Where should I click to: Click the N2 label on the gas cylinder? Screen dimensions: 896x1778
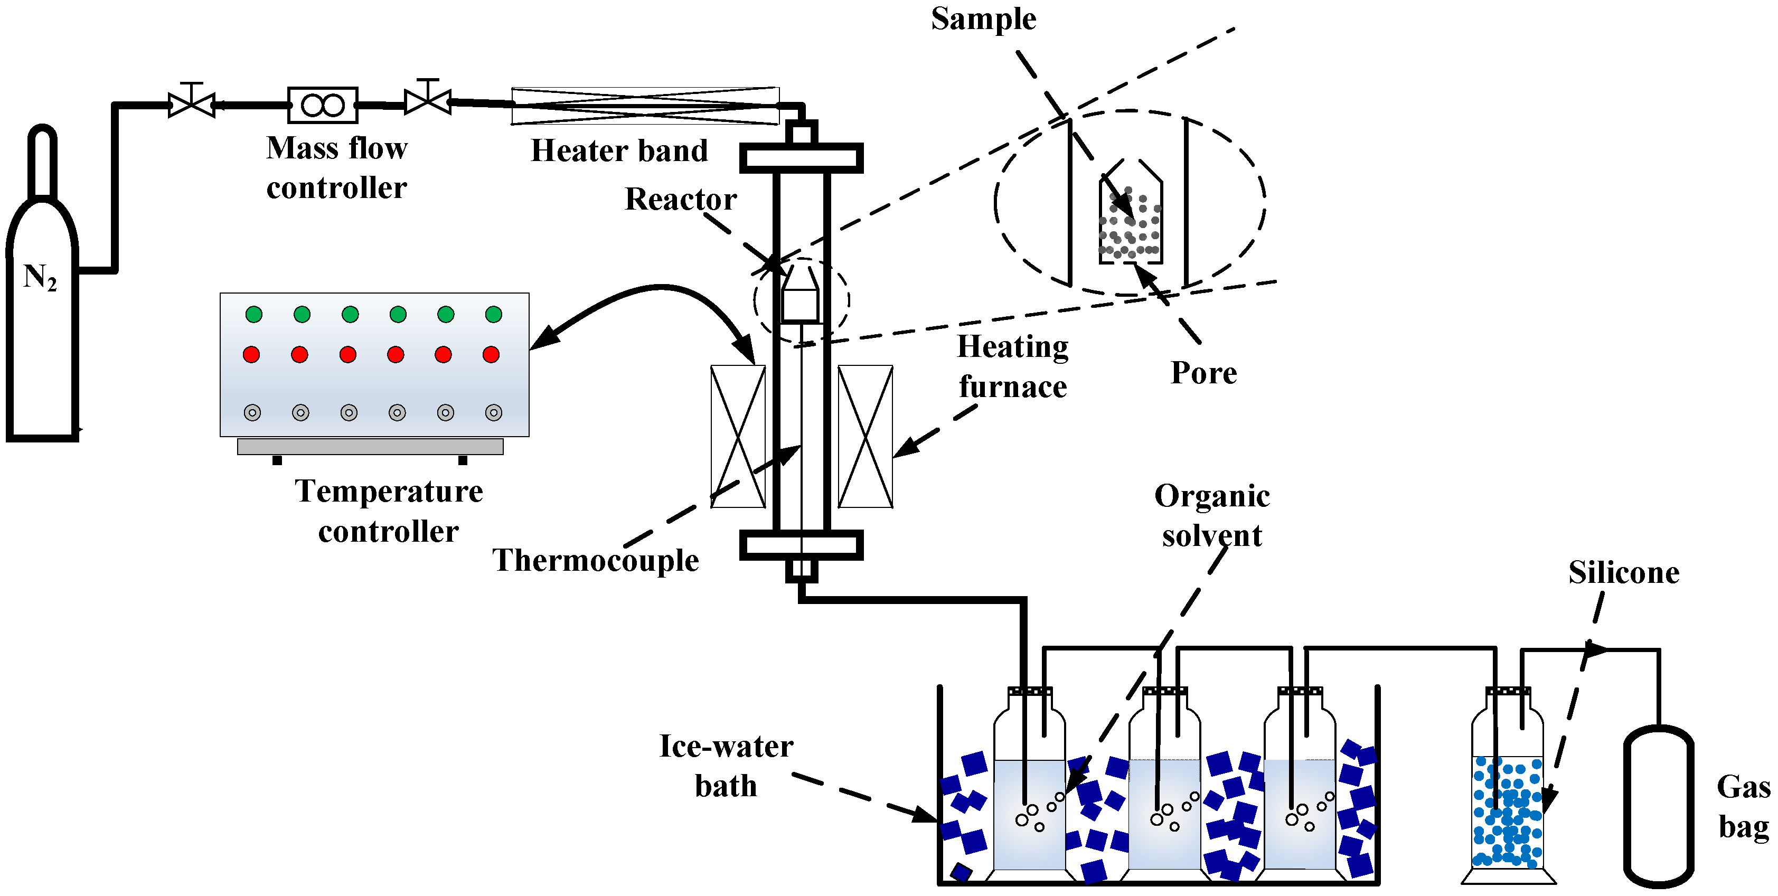click(40, 278)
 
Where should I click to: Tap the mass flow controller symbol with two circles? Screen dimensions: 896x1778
click(322, 105)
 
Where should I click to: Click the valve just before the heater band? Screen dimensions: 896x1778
click(427, 101)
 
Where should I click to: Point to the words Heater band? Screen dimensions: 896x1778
click(619, 150)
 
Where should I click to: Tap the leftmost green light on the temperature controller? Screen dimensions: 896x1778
click(253, 315)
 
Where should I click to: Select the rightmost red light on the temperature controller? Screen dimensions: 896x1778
click(491, 355)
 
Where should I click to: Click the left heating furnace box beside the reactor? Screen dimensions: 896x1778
click(738, 436)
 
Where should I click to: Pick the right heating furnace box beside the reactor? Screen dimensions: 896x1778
click(865, 436)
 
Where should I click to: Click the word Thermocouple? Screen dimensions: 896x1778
click(595, 560)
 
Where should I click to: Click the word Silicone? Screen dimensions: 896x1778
click(1623, 572)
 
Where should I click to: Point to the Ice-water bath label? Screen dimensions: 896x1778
click(726, 766)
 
